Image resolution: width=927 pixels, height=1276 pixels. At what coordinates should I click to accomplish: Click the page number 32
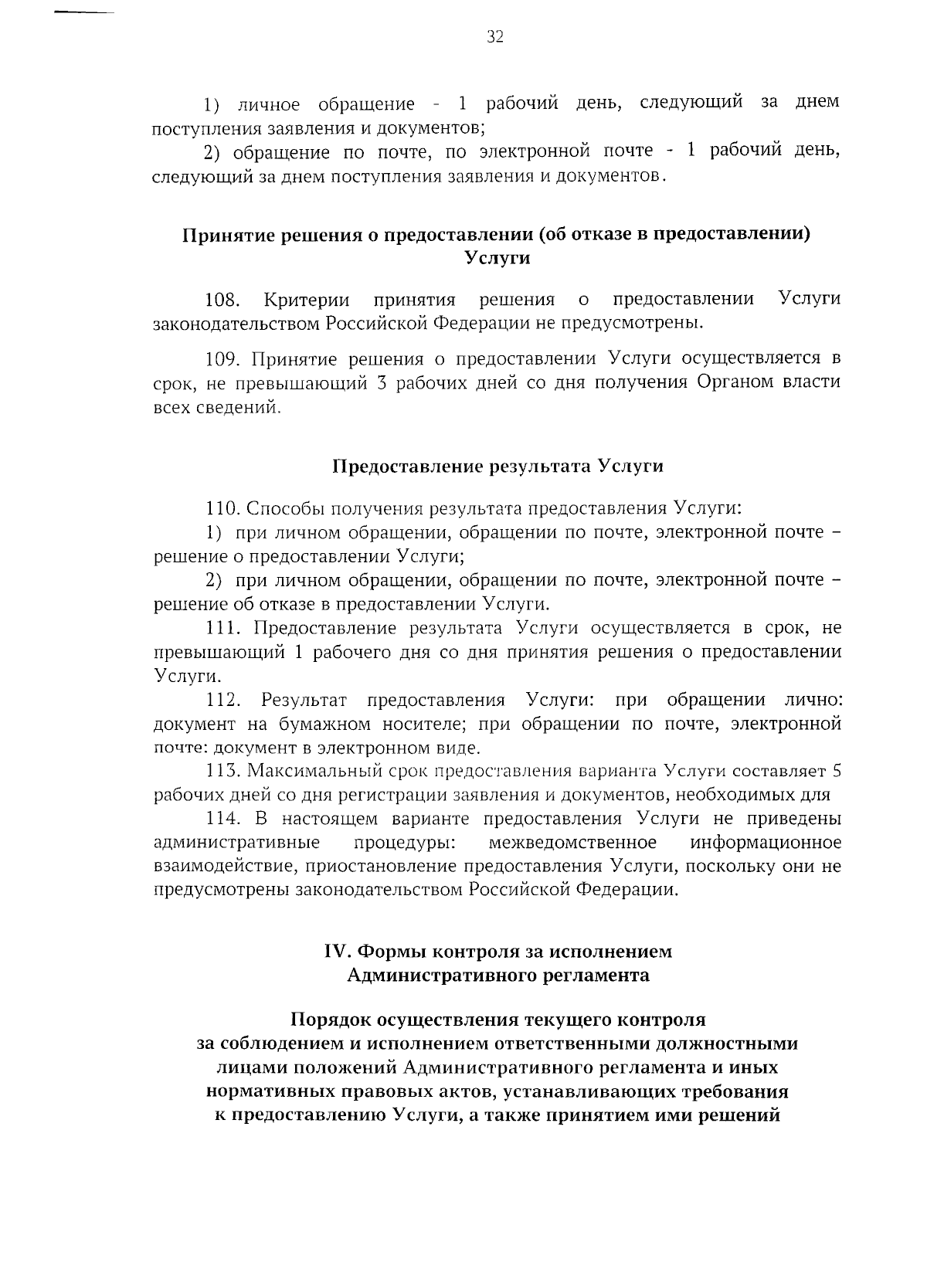[495, 36]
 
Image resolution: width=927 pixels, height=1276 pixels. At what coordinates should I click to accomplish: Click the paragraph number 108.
[224, 299]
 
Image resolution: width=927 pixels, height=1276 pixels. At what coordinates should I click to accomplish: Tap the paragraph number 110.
[225, 508]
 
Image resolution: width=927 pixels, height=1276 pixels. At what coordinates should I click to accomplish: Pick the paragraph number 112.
[225, 700]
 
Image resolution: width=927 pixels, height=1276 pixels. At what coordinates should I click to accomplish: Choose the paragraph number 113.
[225, 771]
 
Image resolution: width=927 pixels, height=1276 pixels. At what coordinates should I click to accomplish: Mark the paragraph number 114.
[225, 818]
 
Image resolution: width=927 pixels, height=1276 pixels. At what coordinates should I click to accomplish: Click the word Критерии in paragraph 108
[306, 299]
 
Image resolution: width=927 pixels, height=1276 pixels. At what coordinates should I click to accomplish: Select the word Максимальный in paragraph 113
[309, 771]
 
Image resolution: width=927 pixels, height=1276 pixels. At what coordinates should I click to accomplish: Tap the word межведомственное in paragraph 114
[572, 842]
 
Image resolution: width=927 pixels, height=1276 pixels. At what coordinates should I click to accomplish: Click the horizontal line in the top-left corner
[85, 13]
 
